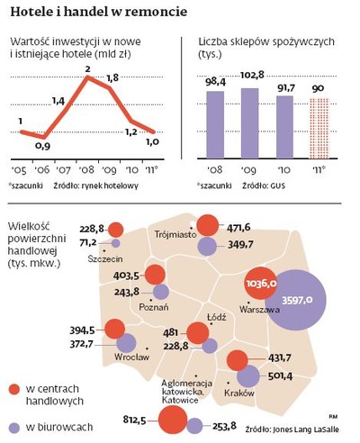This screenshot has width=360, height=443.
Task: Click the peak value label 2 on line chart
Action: click(x=87, y=68)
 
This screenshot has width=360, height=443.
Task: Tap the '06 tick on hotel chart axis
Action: click(x=40, y=169)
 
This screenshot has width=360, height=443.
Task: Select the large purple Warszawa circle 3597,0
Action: click(x=297, y=300)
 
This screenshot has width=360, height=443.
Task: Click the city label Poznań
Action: click(x=148, y=306)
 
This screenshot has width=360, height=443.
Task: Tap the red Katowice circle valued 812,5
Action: click(x=170, y=420)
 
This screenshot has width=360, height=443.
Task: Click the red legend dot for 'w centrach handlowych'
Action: click(x=14, y=387)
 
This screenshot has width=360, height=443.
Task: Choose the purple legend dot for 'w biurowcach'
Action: click(x=14, y=427)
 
